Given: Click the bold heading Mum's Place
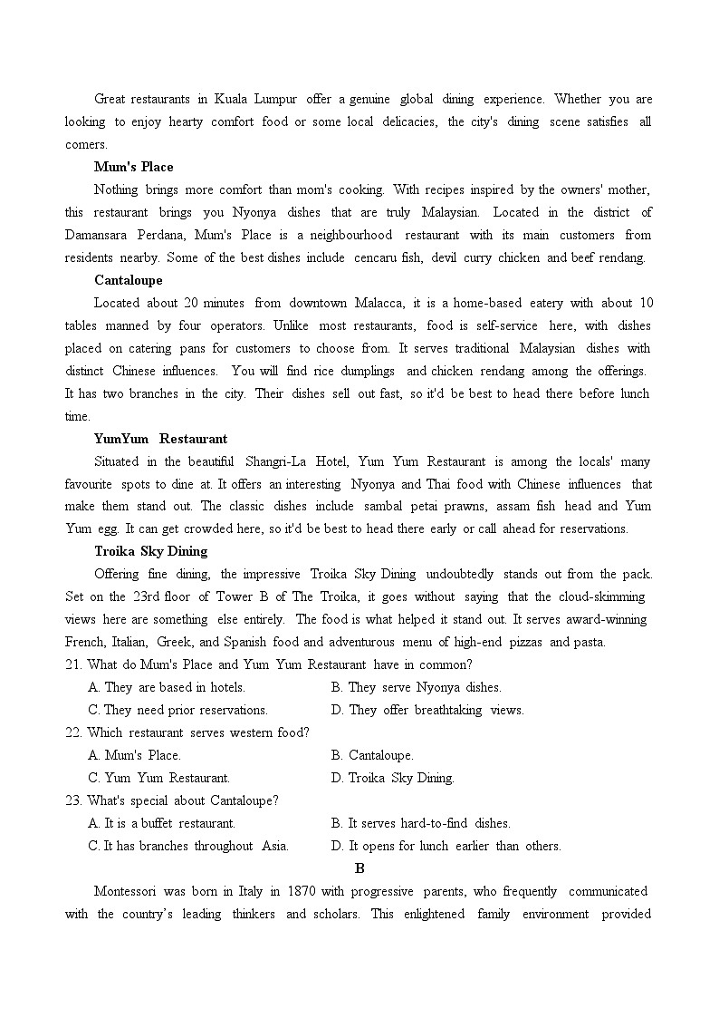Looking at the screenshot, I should click(x=133, y=167).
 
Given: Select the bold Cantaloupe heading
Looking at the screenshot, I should click(x=128, y=280).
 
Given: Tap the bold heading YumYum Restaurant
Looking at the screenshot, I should click(x=160, y=439).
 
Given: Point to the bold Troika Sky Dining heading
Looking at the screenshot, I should click(x=150, y=551).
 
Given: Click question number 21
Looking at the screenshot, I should click(x=73, y=664).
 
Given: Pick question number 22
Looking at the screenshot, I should click(x=73, y=732).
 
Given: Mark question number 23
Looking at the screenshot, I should click(x=73, y=800).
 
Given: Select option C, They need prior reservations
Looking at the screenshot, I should click(x=177, y=710).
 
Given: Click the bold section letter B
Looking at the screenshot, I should click(x=359, y=868).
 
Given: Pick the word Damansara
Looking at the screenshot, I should click(x=97, y=235).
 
